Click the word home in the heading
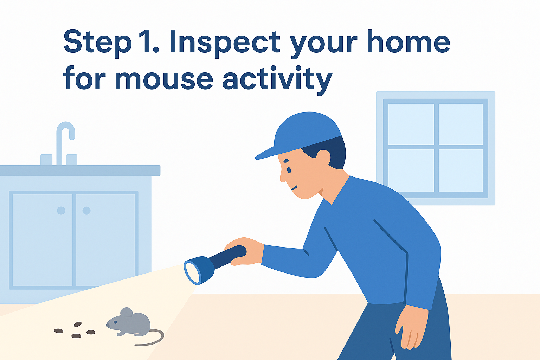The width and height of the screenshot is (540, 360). click(x=409, y=41)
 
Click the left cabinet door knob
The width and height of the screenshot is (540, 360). click(x=61, y=211)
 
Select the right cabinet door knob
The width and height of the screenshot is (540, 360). click(x=86, y=211)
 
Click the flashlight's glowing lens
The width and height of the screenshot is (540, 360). click(x=193, y=273)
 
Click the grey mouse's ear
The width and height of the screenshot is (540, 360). click(x=127, y=313)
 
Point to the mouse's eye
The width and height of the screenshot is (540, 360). click(x=115, y=322)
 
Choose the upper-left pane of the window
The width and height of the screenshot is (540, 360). click(x=411, y=124)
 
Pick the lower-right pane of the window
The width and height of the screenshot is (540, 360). click(x=461, y=171)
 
